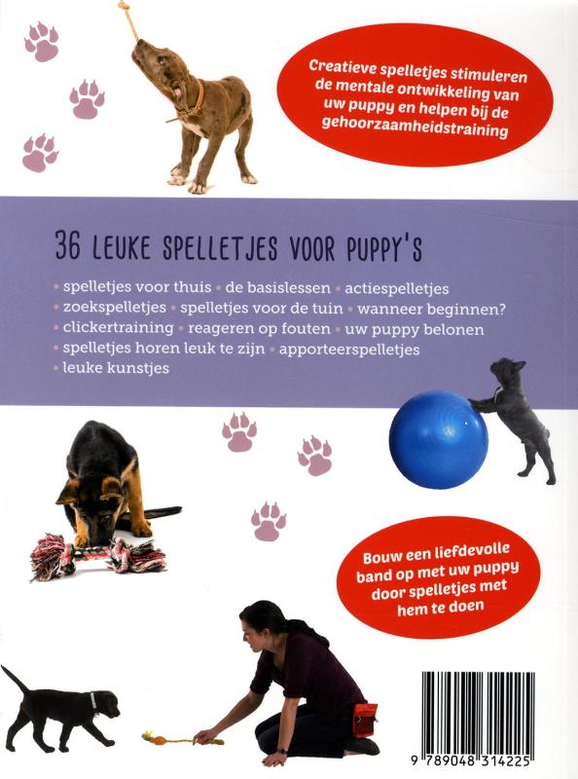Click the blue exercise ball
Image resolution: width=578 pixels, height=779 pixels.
click(439, 438)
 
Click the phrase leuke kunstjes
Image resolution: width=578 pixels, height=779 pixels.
click(115, 369)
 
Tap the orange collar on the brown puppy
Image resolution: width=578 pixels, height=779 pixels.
click(196, 97)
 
